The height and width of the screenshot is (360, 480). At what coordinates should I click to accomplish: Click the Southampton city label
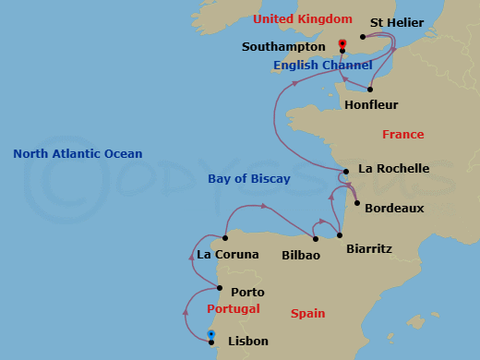282,46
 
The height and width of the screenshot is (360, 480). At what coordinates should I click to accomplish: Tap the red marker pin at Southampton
342,42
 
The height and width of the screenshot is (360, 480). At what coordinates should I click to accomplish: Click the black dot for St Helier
363,38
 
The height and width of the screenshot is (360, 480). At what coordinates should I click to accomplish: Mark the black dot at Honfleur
369,90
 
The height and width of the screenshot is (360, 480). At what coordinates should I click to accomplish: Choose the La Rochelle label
393,168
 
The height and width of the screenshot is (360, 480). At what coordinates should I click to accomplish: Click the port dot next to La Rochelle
345,172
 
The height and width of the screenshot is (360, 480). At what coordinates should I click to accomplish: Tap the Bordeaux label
394,208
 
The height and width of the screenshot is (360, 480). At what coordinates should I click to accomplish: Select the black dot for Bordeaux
356,203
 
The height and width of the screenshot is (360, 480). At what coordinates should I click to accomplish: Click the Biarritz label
368,248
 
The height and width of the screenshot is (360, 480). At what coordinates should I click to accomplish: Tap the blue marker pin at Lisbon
211,333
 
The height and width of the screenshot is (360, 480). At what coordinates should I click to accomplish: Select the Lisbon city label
246,341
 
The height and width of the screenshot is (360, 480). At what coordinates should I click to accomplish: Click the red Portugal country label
233,309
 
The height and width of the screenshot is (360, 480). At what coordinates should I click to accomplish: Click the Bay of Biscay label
249,178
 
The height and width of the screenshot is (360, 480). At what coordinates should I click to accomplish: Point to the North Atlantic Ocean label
78,154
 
